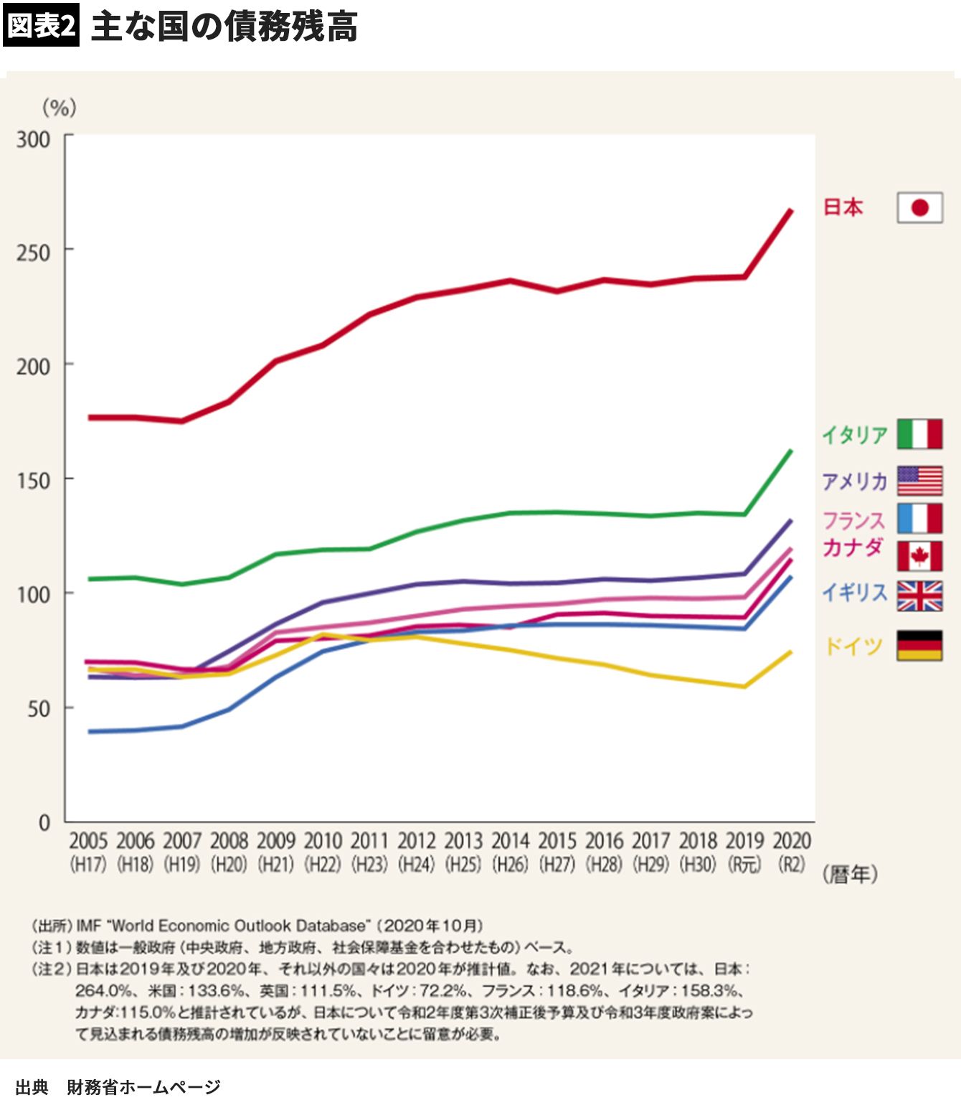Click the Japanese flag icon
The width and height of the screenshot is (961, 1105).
(x=919, y=208)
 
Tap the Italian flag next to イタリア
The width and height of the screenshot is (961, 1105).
(x=919, y=434)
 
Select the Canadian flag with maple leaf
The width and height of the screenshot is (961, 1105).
(x=919, y=556)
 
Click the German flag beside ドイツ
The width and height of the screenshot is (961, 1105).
(x=919, y=646)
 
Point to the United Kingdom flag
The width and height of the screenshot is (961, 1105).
(x=919, y=596)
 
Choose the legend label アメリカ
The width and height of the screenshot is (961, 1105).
(x=855, y=481)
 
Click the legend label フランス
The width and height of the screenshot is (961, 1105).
(x=853, y=519)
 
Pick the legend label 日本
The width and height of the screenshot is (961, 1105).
(x=843, y=207)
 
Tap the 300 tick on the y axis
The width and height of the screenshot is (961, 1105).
(x=34, y=139)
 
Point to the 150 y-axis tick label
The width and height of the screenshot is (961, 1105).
(x=34, y=480)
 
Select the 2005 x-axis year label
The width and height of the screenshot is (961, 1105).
(x=88, y=841)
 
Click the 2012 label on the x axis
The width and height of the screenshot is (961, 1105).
(x=417, y=841)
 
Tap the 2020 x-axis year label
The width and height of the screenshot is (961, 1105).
(x=792, y=841)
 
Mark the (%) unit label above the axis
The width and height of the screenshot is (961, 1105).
(x=60, y=108)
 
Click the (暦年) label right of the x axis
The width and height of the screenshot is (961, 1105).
(x=850, y=874)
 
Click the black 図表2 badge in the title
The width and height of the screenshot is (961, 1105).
(x=41, y=26)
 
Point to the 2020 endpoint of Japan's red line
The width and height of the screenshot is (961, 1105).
(x=791, y=210)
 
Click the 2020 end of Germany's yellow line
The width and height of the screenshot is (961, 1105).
(x=791, y=652)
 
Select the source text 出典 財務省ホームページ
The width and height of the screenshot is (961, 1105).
(x=118, y=1087)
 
